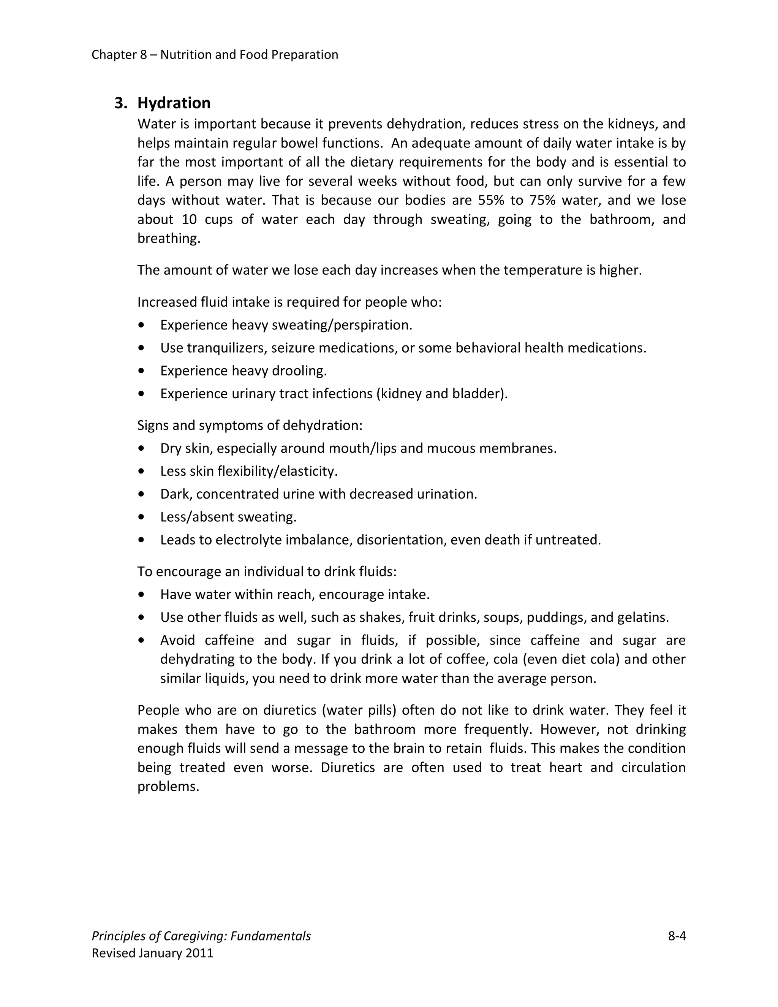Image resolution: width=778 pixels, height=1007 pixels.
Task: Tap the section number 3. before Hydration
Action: pos(120,103)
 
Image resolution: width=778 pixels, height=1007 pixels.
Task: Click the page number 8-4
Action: pos(677,936)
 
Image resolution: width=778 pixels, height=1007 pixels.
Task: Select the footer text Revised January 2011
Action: pos(153,953)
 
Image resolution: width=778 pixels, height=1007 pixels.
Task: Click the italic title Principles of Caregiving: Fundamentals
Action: pos(201,936)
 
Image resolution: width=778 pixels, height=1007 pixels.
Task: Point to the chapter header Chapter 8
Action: pos(119,55)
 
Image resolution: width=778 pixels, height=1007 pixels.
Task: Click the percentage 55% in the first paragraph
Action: pos(489,200)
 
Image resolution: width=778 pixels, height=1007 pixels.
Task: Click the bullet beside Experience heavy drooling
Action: pos(141,371)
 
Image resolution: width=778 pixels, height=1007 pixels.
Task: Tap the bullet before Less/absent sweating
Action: pos(141,517)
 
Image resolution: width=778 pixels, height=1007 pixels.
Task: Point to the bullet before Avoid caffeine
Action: pos(141,640)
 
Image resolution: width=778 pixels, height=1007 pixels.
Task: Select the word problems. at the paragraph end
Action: pos(168,787)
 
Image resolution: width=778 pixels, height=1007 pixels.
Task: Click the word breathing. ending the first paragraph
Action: pos(169,239)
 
